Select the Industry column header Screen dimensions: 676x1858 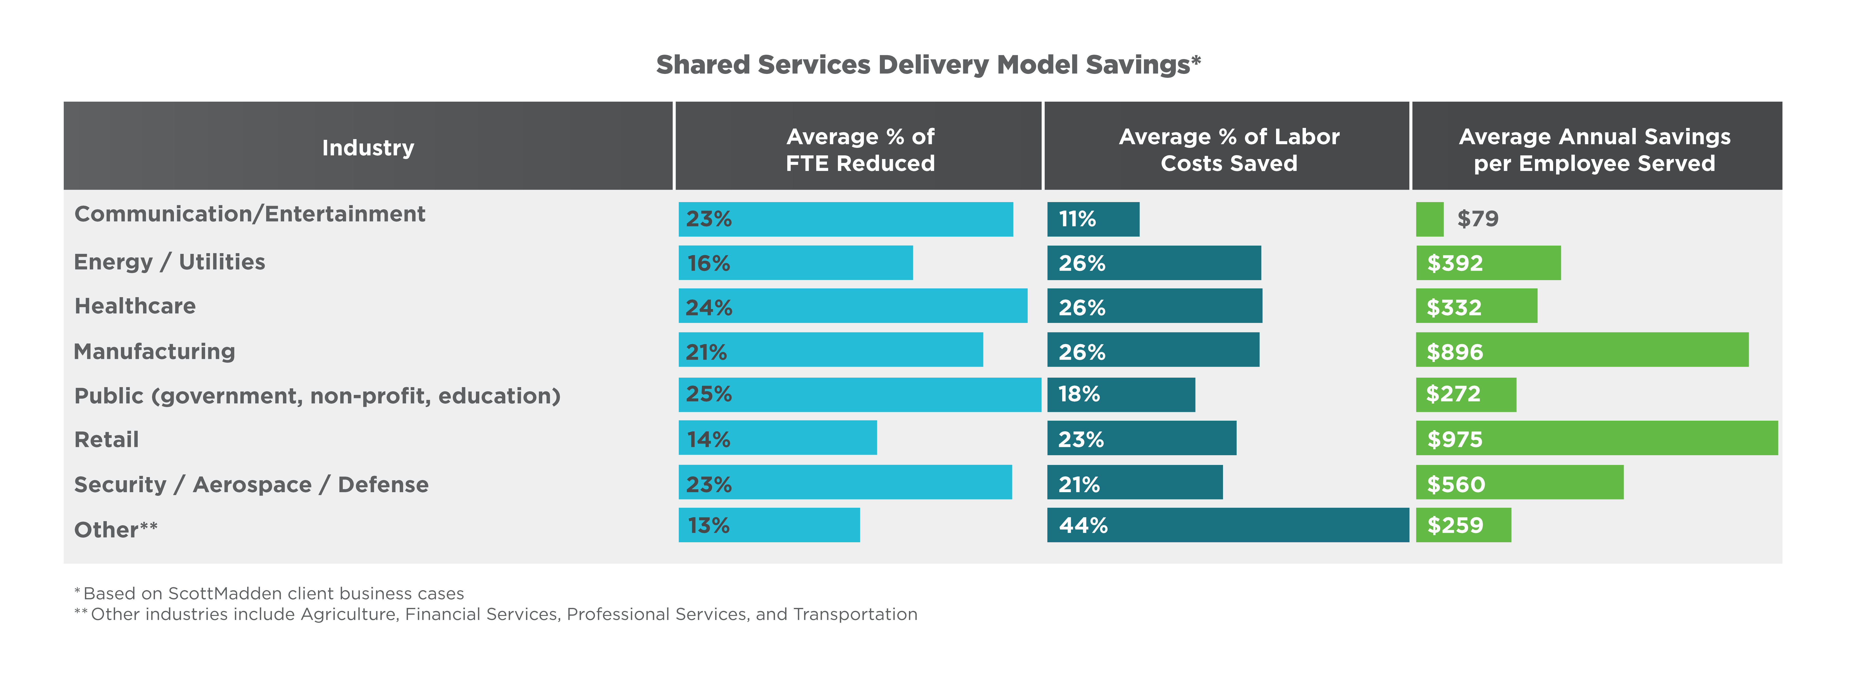coord(368,148)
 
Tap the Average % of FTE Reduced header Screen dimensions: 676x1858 coord(860,150)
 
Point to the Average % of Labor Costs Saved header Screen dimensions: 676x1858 coord(1228,150)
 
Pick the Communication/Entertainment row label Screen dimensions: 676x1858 coord(250,214)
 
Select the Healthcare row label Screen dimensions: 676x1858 coord(135,306)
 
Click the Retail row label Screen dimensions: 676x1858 coord(106,440)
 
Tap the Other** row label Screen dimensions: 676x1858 coord(115,530)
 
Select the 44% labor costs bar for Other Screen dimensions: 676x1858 coord(1228,525)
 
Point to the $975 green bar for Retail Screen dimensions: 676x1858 coord(1596,438)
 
